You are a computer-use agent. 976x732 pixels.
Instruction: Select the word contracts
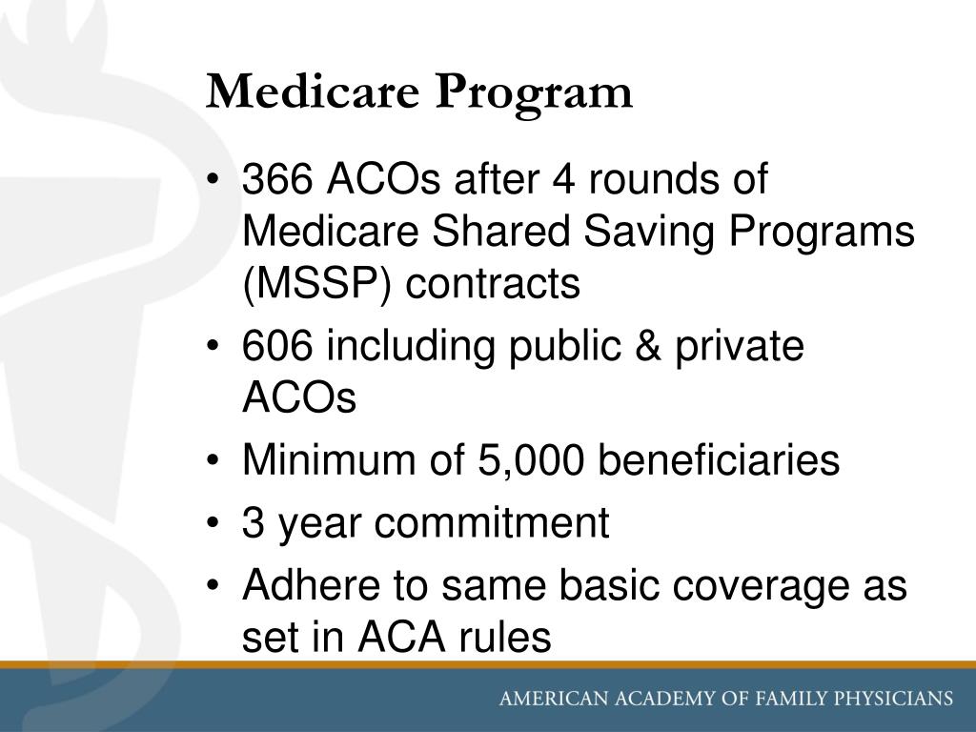[494, 283]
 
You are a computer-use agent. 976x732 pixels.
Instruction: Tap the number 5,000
[525, 461]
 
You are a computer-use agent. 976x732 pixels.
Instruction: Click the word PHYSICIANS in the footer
[888, 698]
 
